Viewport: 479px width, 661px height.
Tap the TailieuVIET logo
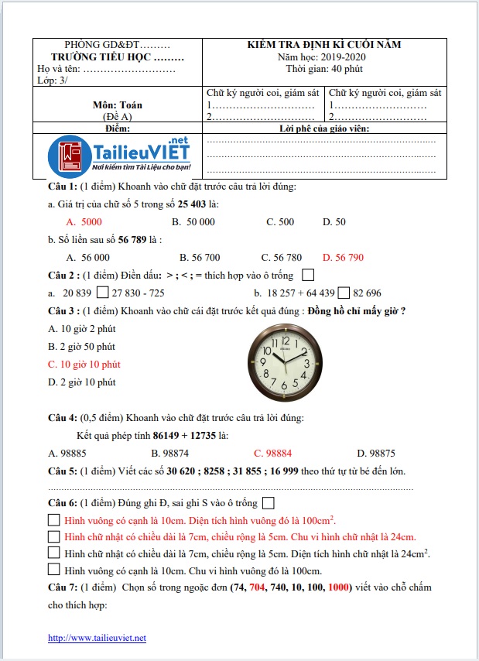(125, 155)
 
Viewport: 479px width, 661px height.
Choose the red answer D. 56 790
(342, 257)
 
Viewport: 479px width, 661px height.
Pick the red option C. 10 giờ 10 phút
(84, 364)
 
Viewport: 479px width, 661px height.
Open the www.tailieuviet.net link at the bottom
(97, 638)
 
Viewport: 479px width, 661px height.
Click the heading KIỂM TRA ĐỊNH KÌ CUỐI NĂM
(325, 46)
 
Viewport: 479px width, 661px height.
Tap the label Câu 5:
(63, 471)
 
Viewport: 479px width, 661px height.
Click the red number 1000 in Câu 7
(338, 587)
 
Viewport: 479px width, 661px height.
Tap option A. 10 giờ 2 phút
(81, 328)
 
